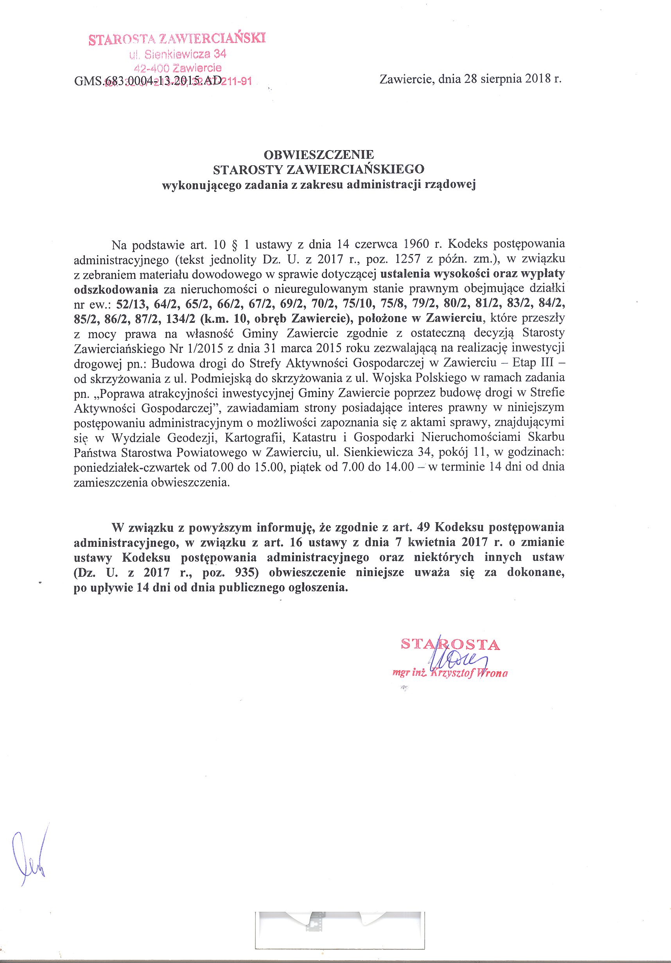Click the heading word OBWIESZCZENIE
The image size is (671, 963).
[x=319, y=155]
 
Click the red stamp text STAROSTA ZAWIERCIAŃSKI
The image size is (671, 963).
[x=177, y=39]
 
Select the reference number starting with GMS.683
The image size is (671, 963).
[x=148, y=81]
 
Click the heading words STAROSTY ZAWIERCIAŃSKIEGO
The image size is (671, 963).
[x=319, y=170]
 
